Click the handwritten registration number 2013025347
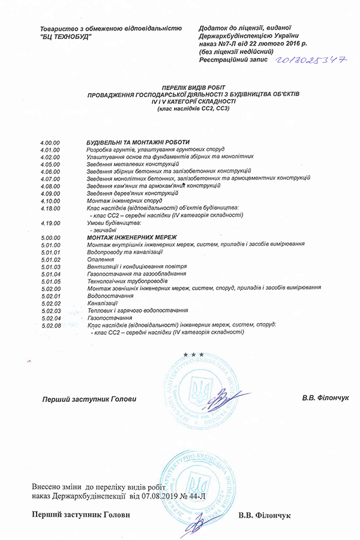(x=311, y=60)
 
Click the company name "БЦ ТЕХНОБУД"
(x=65, y=37)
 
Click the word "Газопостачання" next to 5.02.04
(x=110, y=317)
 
